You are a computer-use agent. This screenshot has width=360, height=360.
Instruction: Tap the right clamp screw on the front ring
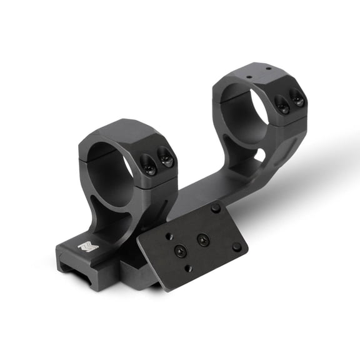coord(165,158)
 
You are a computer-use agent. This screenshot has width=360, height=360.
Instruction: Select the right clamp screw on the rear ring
coord(297,99)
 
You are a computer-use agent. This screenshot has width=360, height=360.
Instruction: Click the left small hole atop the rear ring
coord(248,77)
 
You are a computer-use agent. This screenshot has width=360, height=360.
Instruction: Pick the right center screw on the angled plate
coord(202,239)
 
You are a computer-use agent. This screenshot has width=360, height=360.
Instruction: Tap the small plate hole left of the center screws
coord(168,236)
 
